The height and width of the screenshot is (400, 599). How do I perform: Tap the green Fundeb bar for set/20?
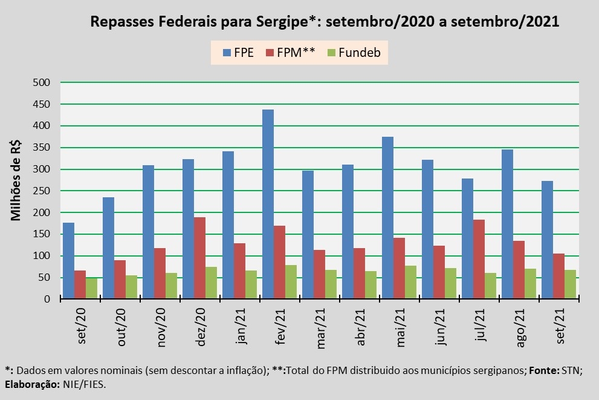point(92,289)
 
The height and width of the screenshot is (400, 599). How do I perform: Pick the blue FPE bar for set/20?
point(69,261)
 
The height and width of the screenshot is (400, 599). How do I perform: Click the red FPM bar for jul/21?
point(479,260)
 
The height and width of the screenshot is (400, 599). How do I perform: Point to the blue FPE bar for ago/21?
point(507,225)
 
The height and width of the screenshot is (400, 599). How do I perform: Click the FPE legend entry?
point(238,53)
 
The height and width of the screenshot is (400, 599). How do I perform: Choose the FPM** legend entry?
point(292,53)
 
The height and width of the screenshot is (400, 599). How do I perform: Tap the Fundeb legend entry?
point(354,53)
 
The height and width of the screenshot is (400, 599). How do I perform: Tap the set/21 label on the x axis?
point(560,326)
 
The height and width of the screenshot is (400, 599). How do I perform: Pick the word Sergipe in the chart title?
point(279,22)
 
